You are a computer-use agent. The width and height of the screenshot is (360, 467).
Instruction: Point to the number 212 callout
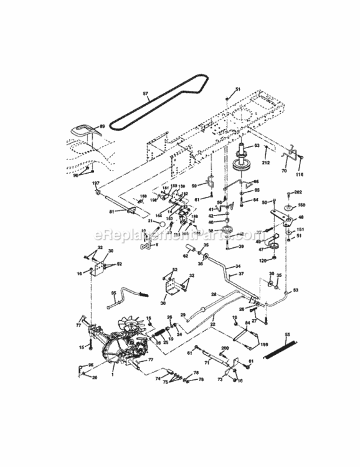[266, 164]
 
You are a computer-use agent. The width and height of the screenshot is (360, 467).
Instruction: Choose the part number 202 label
[298, 192]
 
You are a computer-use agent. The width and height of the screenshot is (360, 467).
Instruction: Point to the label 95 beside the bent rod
[114, 292]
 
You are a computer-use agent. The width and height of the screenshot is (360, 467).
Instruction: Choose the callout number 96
[90, 365]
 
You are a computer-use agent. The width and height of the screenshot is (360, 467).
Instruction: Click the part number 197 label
[95, 183]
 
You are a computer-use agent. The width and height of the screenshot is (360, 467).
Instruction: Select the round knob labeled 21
[161, 222]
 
